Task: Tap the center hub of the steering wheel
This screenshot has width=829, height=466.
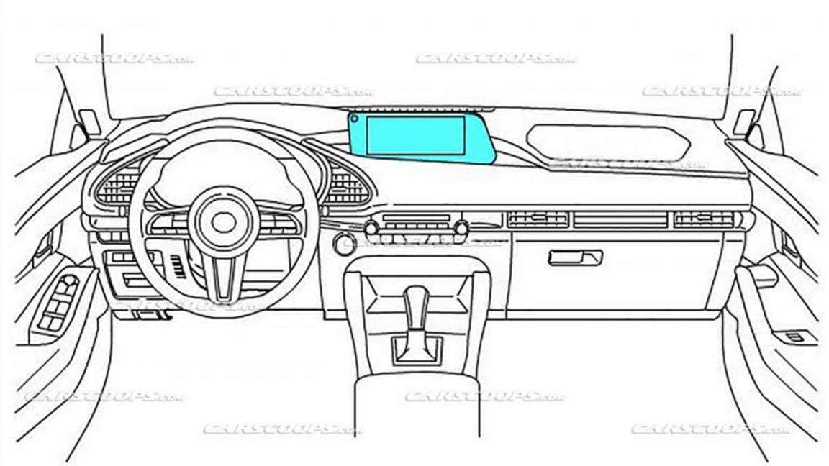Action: point(223,222)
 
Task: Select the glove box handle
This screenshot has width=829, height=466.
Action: point(575,257)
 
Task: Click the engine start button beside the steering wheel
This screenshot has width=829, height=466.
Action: point(344,244)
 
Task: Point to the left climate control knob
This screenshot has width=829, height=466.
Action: point(371,229)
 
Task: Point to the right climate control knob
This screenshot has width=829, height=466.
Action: point(461,229)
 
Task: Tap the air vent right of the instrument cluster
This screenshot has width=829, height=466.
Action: point(348,184)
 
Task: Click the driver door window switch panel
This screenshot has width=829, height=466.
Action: point(62,303)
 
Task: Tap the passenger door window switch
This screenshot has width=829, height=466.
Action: point(798,337)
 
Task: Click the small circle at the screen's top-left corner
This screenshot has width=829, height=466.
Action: point(355,119)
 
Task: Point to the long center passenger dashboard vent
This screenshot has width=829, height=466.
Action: point(620,219)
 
